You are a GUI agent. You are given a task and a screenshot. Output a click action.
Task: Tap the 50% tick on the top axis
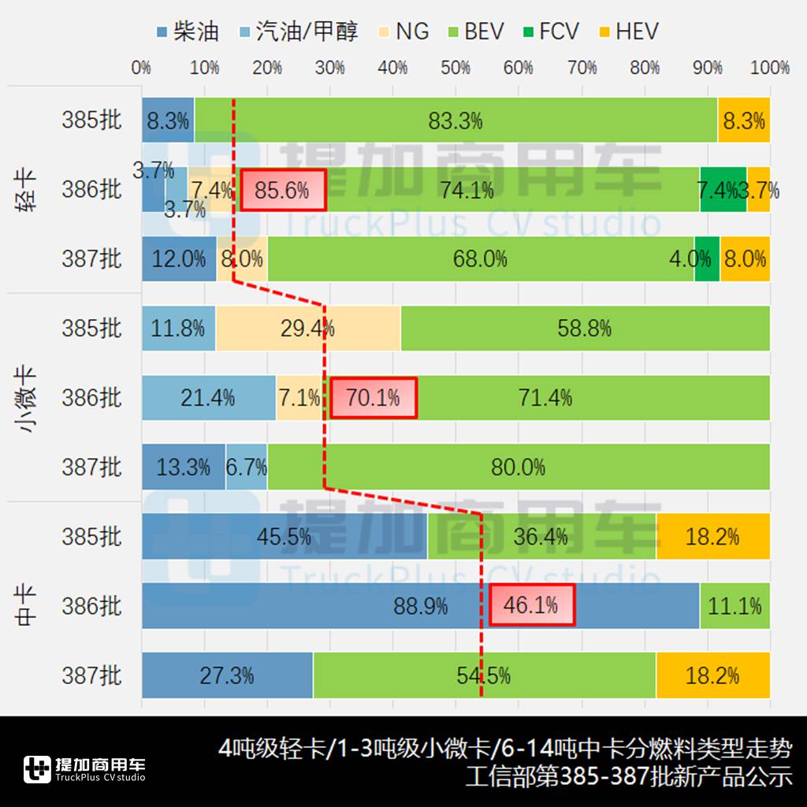pos(456,68)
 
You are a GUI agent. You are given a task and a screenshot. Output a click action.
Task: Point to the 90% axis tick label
pos(707,68)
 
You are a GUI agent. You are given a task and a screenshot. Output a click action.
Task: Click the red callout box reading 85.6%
pos(283,190)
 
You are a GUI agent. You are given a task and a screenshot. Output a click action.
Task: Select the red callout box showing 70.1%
pos(374,398)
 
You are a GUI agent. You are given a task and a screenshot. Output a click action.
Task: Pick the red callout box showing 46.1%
pos(532,605)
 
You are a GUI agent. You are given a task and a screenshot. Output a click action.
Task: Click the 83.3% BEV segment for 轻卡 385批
pos(456,121)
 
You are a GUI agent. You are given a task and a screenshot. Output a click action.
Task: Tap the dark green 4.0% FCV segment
pos(707,258)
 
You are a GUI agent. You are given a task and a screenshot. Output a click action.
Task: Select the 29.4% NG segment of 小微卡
pos(308,328)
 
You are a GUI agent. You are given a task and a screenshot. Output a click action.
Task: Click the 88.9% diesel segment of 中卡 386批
pos(420,606)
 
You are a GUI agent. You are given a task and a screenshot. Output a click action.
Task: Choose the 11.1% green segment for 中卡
pos(734,606)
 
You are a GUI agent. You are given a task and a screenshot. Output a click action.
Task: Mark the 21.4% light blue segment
pos(209,398)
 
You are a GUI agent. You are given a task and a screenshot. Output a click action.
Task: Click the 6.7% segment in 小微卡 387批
pos(246,467)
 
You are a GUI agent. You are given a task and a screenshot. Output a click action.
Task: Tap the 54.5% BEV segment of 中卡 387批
pos(484,675)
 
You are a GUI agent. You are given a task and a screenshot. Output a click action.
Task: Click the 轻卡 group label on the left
pos(26,189)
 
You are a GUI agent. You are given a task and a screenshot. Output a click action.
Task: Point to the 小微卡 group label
pos(26,398)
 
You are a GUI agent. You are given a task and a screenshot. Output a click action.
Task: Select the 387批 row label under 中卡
pos(92,675)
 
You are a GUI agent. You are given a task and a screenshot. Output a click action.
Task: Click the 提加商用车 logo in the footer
pos(84,769)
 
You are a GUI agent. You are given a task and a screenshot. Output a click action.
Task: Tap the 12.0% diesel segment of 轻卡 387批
pos(179,258)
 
